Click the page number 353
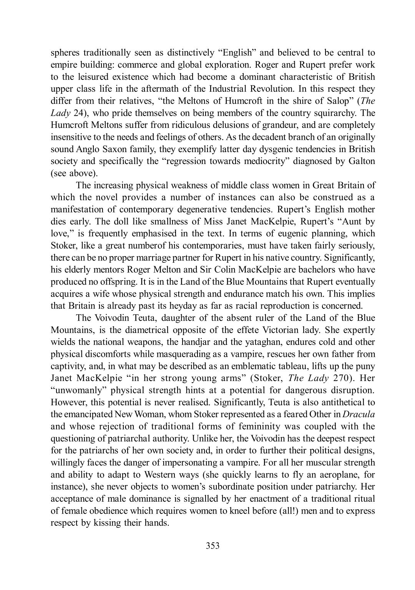[x=212, y=545]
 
